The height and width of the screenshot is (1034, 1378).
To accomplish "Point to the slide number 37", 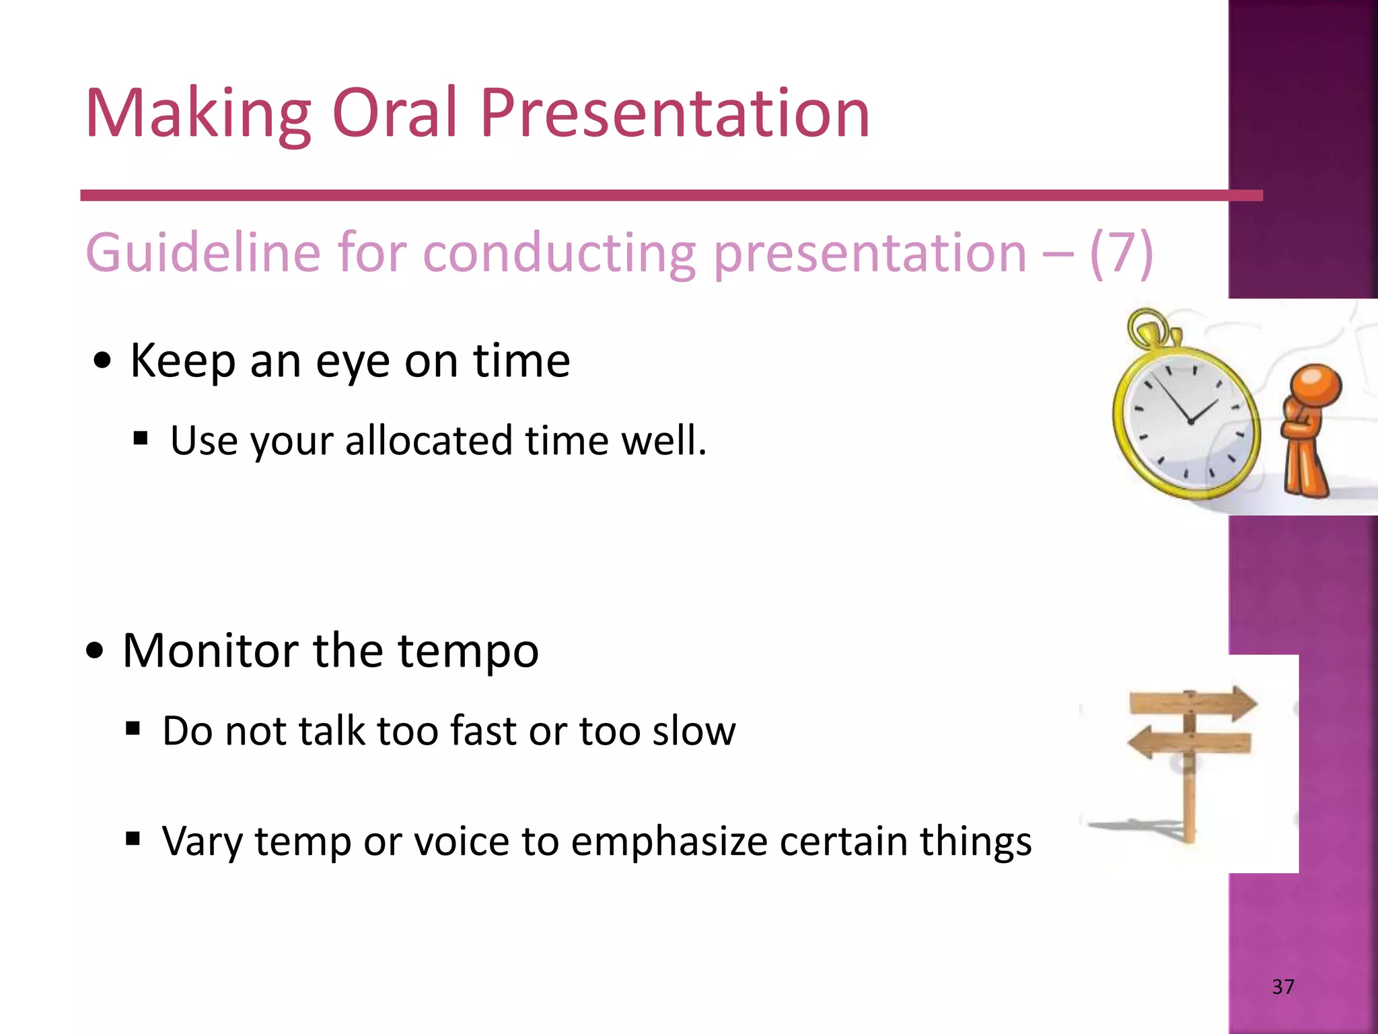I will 1282,987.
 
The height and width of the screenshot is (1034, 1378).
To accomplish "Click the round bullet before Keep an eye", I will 102,361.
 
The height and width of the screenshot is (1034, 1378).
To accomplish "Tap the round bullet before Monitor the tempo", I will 95,651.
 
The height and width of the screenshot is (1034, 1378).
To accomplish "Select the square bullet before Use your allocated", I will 140,440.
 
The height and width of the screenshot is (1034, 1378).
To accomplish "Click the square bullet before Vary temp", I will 133,839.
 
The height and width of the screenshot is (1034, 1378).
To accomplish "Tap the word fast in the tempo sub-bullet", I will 484,730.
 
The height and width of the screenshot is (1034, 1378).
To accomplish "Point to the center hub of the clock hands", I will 1190,421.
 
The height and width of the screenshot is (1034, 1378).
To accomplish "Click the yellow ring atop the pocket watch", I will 1147,328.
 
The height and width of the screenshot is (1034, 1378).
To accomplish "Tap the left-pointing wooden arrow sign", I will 1188,743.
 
